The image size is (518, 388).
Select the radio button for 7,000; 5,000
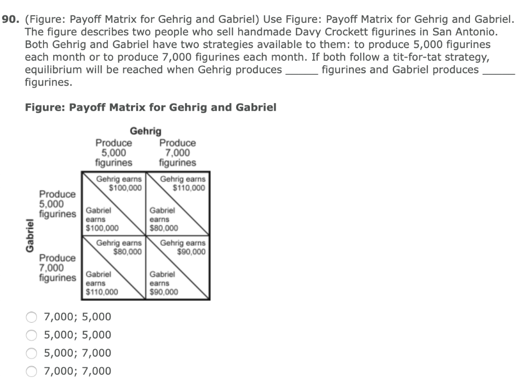[x=31, y=317]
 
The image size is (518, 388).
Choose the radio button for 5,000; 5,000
[x=31, y=335]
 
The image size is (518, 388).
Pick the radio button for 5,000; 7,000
[x=31, y=353]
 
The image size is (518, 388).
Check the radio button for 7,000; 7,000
[x=31, y=371]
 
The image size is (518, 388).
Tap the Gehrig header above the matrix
[x=146, y=132]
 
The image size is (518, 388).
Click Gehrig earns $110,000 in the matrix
[x=183, y=183]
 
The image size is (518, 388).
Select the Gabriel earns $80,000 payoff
[x=163, y=220]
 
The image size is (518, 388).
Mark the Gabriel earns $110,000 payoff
[x=102, y=283]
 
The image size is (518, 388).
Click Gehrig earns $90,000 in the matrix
[x=183, y=247]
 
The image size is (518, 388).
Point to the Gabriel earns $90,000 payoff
[x=163, y=283]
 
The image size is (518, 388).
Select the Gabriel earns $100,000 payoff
[x=102, y=220]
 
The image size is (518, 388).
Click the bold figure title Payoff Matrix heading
[x=150, y=107]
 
